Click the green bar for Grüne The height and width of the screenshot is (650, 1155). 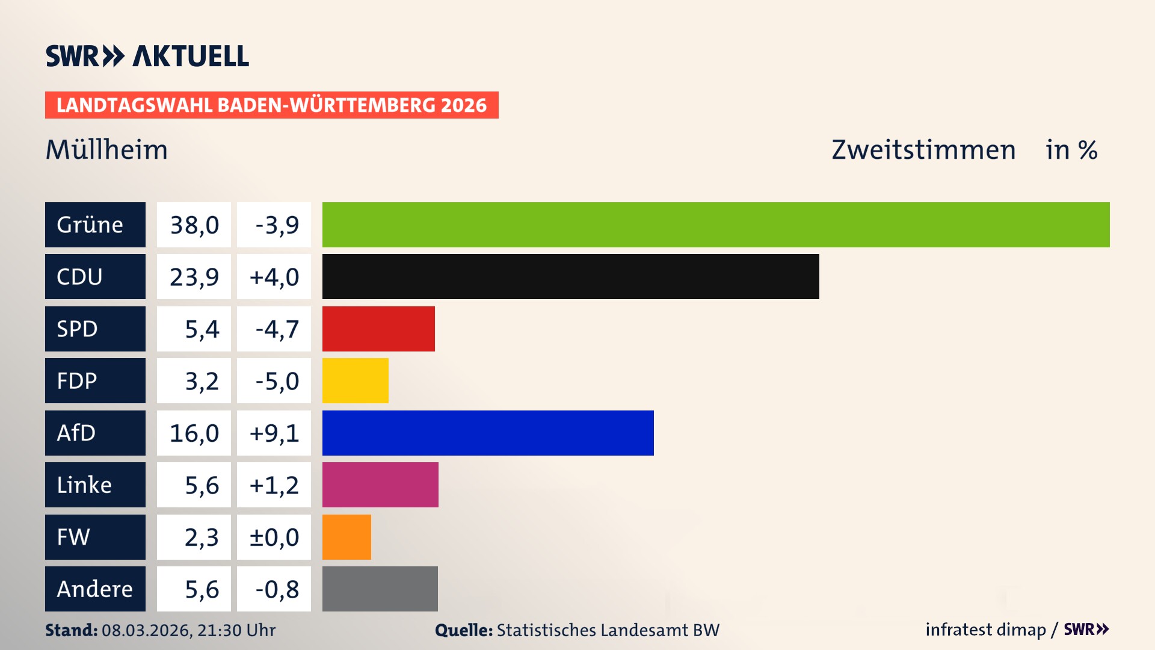pyautogui.click(x=716, y=224)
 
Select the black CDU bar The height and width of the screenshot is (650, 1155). pyautogui.click(x=570, y=276)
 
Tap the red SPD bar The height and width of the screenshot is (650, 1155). pyautogui.click(x=378, y=329)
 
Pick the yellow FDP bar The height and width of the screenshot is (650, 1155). pyautogui.click(x=355, y=380)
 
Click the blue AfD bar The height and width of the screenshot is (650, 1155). pyautogui.click(x=488, y=433)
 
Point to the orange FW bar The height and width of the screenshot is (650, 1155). pyautogui.click(x=346, y=537)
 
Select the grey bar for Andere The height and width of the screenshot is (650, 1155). pyautogui.click(x=380, y=589)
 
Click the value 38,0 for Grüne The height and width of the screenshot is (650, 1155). pyautogui.click(x=194, y=225)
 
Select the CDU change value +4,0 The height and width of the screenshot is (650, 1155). pyautogui.click(x=274, y=277)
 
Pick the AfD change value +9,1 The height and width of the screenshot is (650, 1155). pyautogui.click(x=274, y=433)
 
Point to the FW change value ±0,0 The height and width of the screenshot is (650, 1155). pyautogui.click(x=274, y=537)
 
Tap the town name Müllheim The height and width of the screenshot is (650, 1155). pyautogui.click(x=107, y=150)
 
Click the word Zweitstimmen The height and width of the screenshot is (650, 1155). pyautogui.click(x=923, y=150)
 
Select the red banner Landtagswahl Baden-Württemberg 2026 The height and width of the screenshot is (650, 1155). pyautogui.click(x=271, y=105)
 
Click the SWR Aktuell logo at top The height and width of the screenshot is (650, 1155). pyautogui.click(x=147, y=56)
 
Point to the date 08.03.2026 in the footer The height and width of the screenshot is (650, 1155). pyautogui.click(x=147, y=630)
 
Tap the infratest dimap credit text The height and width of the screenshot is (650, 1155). pyautogui.click(x=985, y=630)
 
